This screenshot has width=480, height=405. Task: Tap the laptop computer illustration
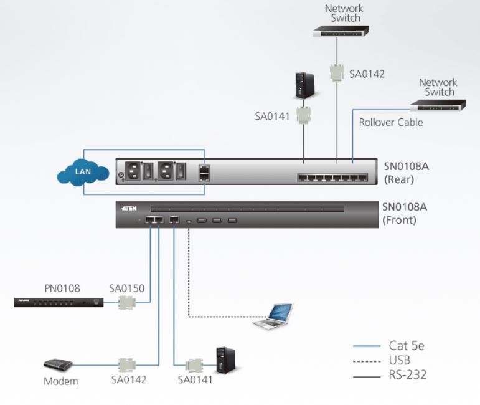pyautogui.click(x=275, y=316)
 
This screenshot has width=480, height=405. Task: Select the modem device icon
pyautogui.click(x=58, y=364)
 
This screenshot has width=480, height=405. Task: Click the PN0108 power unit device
pyautogui.click(x=59, y=303)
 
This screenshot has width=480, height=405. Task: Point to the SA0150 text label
pyautogui.click(x=127, y=289)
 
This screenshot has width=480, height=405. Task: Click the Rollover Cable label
pyautogui.click(x=390, y=122)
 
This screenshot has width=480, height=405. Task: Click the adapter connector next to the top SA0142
pyautogui.click(x=337, y=73)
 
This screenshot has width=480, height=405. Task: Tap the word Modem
pyautogui.click(x=60, y=381)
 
